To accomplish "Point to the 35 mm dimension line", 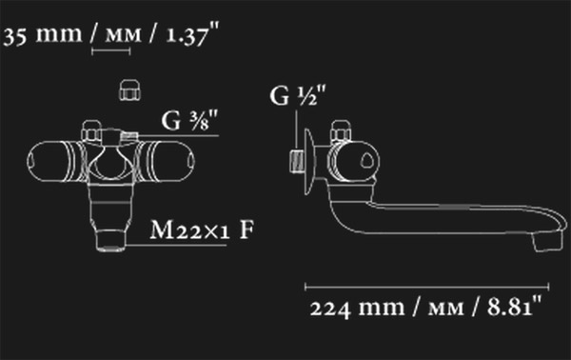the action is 110,51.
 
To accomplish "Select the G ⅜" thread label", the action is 189,120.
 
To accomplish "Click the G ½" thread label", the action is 298,96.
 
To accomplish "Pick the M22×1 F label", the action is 202,230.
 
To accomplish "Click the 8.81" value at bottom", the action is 515,308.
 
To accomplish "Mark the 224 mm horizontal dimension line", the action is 426,287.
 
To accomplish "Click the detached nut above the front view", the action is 130,90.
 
